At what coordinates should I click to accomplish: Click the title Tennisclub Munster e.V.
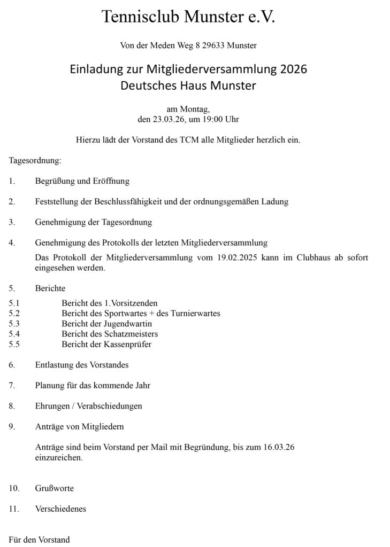click(188, 18)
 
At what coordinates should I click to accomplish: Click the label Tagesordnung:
click(35, 160)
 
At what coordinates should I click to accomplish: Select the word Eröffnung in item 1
click(111, 181)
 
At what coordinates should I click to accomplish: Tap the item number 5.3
click(14, 324)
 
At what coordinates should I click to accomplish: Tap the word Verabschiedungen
click(110, 406)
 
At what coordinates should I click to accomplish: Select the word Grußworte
click(55, 488)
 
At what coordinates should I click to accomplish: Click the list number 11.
click(14, 509)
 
